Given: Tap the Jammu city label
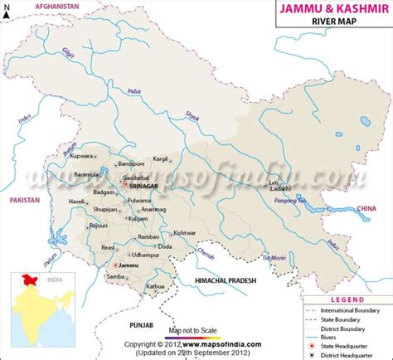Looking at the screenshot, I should tap(129, 265).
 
